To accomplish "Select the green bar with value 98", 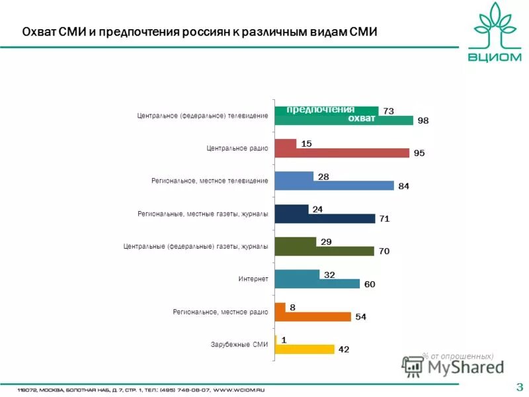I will pyautogui.click(x=344, y=120).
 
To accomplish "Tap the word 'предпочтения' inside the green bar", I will pyautogui.click(x=320, y=109).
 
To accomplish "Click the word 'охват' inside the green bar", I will pyautogui.click(x=362, y=119).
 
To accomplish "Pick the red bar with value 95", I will pyautogui.click(x=342, y=153).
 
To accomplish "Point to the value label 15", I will pyautogui.click(x=306, y=143).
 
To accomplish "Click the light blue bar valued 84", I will pyautogui.click(x=334, y=186).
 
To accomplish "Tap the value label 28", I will pyautogui.click(x=323, y=176).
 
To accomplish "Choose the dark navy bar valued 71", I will pyautogui.click(x=325, y=218).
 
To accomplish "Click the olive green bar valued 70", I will pyautogui.click(x=325, y=251).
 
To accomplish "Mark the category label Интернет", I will pyautogui.click(x=253, y=279).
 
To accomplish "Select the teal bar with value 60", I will pyautogui.click(x=317, y=284).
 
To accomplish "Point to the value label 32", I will pyautogui.click(x=329, y=274).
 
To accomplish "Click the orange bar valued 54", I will pyautogui.click(x=313, y=316).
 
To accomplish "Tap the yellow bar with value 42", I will pyautogui.click(x=305, y=349).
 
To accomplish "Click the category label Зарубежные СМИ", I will pyautogui.click(x=239, y=344).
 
